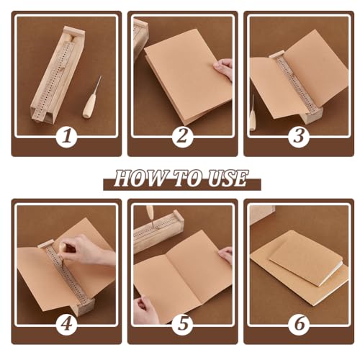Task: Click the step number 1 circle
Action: coord(67,136)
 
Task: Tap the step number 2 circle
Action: coord(182,136)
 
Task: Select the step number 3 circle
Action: coord(299,136)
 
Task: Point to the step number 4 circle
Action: coord(67,325)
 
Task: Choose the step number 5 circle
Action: coord(182,325)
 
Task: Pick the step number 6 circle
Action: coord(299,325)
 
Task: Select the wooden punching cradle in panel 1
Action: coord(58,75)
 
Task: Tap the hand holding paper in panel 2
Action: coord(223,69)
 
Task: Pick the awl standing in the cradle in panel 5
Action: coord(150,215)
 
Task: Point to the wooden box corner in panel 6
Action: coord(262,214)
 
